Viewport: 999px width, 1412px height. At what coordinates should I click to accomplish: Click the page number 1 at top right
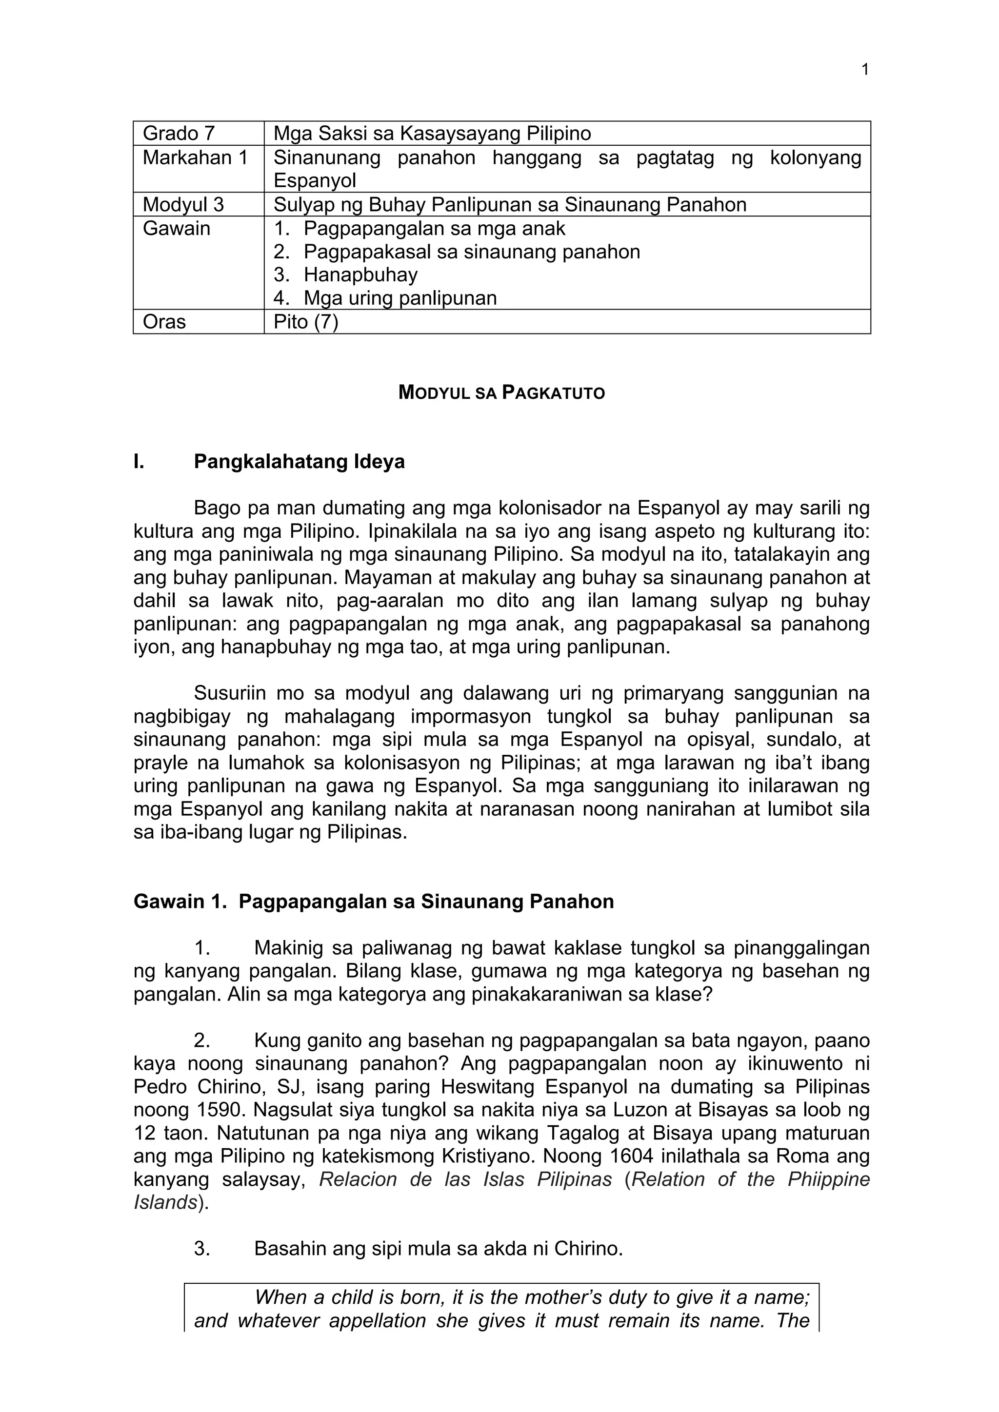(x=865, y=70)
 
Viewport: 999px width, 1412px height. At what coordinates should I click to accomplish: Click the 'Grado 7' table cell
(x=179, y=134)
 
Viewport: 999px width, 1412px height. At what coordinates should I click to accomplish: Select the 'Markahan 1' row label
(x=195, y=158)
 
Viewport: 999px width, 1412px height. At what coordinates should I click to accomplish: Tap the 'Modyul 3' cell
(x=183, y=205)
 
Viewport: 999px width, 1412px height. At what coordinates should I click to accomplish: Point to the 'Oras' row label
(x=164, y=322)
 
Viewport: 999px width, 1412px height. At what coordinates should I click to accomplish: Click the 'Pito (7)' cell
(x=306, y=322)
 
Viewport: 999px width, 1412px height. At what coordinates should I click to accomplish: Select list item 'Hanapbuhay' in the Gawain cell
(x=360, y=275)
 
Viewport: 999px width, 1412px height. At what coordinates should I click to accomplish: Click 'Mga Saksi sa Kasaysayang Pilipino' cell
(x=432, y=134)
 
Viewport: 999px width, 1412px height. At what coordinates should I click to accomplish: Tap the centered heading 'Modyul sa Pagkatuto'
(x=501, y=393)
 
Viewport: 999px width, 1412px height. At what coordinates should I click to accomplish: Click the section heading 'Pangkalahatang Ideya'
(x=299, y=461)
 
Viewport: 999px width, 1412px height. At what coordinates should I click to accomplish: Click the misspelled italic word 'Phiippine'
(x=830, y=1179)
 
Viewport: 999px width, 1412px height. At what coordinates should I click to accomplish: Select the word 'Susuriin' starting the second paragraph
(x=229, y=693)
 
